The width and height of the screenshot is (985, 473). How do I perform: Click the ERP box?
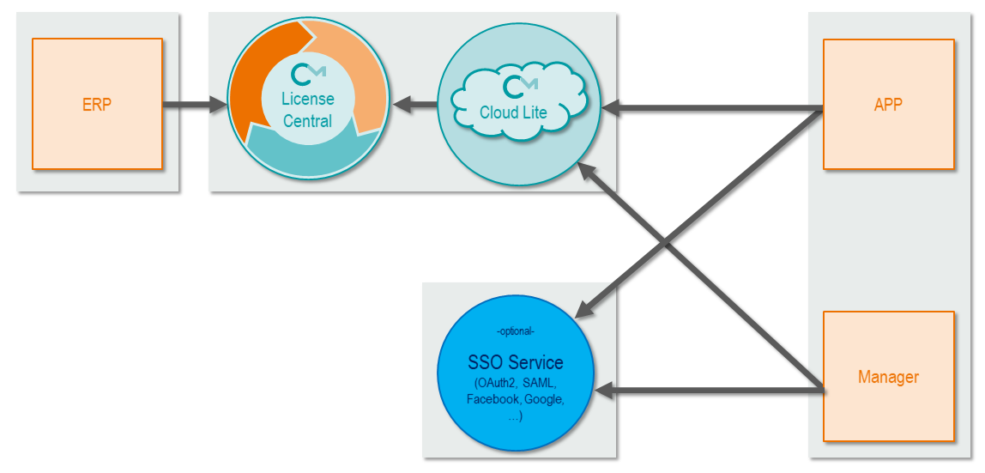97,104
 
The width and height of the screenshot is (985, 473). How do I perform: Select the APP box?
888,104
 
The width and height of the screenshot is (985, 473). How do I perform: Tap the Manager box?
888,376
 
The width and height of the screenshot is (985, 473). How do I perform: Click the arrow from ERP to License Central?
196,106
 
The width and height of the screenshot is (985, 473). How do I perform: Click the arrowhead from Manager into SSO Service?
604,391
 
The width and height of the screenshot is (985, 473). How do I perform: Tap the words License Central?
307,110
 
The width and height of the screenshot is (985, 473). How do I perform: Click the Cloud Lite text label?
513,112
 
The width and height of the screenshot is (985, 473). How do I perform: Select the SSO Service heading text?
515,362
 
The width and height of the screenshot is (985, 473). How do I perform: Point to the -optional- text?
515,331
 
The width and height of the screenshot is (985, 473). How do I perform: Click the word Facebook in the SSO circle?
492,399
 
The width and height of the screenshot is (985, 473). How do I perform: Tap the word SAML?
539,383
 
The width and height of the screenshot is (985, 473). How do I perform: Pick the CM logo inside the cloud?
519,86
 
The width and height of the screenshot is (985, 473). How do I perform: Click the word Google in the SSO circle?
542,399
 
